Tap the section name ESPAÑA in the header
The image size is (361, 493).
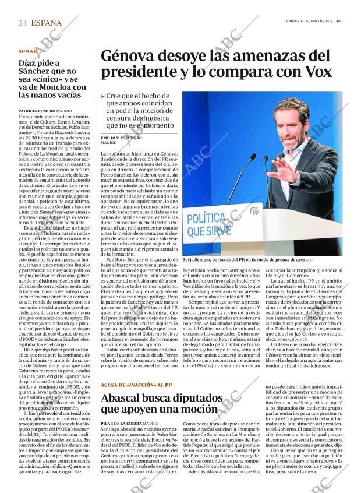click(x=47, y=23)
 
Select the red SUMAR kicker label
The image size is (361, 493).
click(x=27, y=51)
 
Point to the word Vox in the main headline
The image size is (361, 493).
click(x=316, y=72)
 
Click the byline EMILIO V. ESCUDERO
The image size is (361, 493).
click(x=121, y=138)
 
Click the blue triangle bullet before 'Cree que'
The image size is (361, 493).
click(x=103, y=96)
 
